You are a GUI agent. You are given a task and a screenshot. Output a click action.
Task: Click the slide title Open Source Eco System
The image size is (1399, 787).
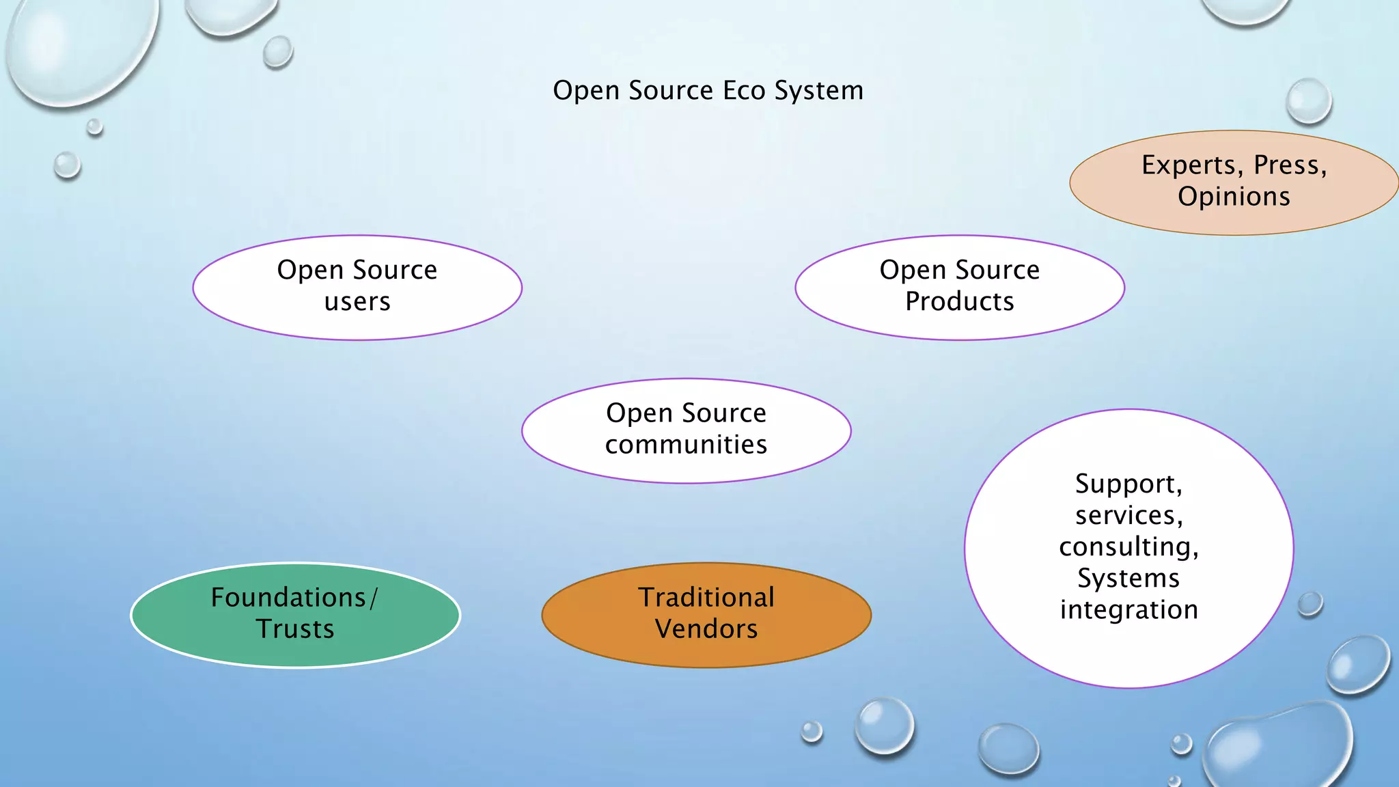[708, 91]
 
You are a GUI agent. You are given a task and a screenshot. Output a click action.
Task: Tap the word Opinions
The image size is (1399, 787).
[1234, 197]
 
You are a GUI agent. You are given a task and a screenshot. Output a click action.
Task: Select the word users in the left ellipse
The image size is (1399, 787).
[357, 302]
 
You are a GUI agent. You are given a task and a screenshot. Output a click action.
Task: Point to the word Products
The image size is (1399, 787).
[959, 301]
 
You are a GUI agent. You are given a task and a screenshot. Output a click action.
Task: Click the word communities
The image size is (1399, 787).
[686, 445]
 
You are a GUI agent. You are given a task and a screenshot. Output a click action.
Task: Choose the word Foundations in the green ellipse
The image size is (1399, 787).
[288, 598]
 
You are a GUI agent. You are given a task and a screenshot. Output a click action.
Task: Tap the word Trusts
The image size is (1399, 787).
[295, 629]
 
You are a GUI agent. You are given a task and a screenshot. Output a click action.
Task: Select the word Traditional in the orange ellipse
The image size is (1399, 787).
[706, 598]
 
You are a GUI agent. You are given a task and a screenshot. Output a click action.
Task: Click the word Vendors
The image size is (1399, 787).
[706, 629]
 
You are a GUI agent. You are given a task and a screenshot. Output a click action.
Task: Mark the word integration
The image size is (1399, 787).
[1128, 610]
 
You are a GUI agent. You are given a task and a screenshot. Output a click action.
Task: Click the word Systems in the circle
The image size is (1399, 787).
[1128, 579]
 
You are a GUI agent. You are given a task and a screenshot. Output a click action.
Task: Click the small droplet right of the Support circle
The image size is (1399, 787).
[1310, 604]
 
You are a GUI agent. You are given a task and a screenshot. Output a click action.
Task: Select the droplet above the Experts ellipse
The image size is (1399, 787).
[1308, 101]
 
